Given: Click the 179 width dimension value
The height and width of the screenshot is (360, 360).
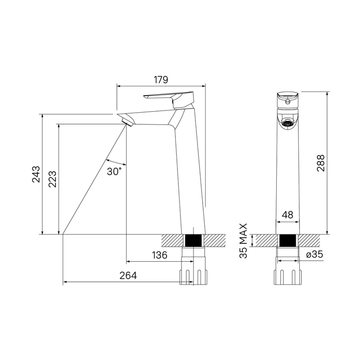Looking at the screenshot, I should click(161, 80).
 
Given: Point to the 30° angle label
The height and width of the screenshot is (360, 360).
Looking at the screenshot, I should click(115, 171).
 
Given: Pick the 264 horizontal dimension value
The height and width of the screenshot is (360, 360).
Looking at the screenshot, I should click(128, 276).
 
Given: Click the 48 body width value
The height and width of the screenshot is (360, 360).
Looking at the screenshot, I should click(288, 215).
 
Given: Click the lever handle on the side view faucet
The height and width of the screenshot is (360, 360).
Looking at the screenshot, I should click(167, 96).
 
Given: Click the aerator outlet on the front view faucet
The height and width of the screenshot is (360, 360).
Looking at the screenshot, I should click(288, 123).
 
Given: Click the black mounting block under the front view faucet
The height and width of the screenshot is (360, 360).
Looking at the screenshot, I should click(288, 240).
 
